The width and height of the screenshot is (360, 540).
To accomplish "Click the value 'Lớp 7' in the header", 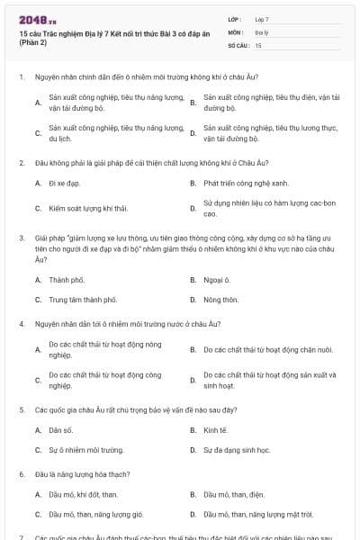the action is [262, 19].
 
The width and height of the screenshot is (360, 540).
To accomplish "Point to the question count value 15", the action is [258, 44].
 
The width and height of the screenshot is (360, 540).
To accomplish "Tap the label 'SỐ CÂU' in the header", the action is [237, 44].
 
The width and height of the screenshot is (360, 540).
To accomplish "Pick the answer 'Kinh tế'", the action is [216, 429].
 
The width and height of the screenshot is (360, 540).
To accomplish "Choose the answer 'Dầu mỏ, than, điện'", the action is [234, 494].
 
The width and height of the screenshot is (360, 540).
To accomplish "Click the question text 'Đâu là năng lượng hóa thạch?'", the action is [83, 472].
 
